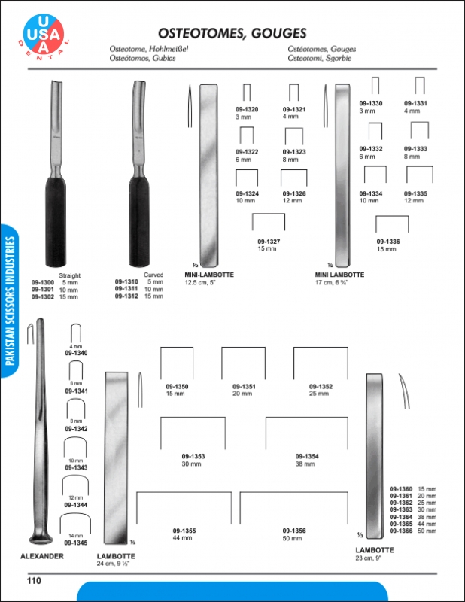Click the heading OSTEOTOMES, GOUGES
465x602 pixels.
232,33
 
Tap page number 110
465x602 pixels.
33,580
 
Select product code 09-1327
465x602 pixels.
268,242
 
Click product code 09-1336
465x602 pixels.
389,242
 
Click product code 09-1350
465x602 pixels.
177,387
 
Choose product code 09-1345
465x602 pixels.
76,542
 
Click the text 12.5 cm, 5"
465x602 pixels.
200,283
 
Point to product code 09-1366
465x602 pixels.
401,531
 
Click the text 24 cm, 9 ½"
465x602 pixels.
115,563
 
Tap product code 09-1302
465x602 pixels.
43,296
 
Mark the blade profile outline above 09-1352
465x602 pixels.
319,361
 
